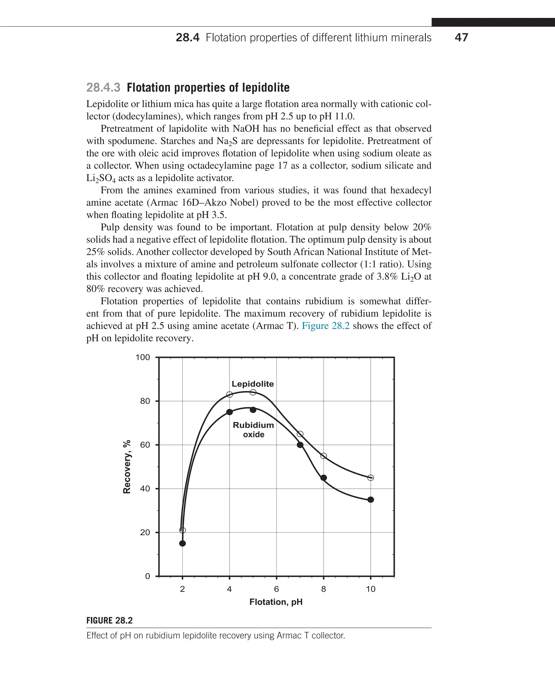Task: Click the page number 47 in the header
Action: coord(461,37)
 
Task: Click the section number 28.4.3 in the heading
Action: coord(103,87)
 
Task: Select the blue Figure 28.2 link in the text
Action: coord(325,325)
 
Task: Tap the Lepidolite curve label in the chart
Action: coord(253,384)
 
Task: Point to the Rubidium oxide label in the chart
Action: coord(253,429)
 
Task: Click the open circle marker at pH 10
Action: coord(370,478)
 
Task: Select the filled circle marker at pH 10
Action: coord(370,500)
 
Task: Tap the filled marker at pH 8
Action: coord(324,478)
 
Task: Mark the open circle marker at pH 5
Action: coord(253,392)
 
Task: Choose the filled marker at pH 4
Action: coord(230,412)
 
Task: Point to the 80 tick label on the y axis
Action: coord(145,401)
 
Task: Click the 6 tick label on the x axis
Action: coord(276,589)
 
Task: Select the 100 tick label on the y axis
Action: coord(143,357)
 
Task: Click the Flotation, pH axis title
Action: coord(276,602)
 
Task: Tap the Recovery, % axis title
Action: coord(127,467)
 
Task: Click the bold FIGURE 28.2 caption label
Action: coord(109,620)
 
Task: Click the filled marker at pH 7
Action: coord(300,445)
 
